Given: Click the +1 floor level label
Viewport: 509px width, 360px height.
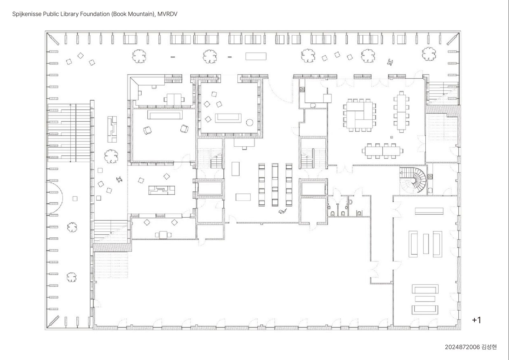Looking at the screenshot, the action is (477, 320).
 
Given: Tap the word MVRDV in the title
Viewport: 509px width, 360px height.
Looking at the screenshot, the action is (167, 14).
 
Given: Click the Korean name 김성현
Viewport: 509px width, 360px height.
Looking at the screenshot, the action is (489, 347).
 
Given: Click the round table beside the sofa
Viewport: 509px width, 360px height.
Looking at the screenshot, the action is (249, 122).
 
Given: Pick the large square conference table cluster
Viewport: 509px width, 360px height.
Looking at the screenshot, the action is (359, 115).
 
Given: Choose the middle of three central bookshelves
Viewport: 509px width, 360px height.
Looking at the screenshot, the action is (275, 185).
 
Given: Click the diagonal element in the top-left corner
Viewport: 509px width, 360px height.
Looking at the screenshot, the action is (53, 39).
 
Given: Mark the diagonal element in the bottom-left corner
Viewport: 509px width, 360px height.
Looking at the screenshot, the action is (53, 321).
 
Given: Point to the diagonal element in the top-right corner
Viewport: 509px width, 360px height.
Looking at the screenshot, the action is (453, 39).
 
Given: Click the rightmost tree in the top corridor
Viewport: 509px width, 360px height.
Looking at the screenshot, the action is (429, 54).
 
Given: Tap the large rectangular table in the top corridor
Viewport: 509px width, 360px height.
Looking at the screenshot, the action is (256, 56).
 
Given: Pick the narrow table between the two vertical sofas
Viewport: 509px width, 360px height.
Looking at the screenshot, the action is (426, 244).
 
